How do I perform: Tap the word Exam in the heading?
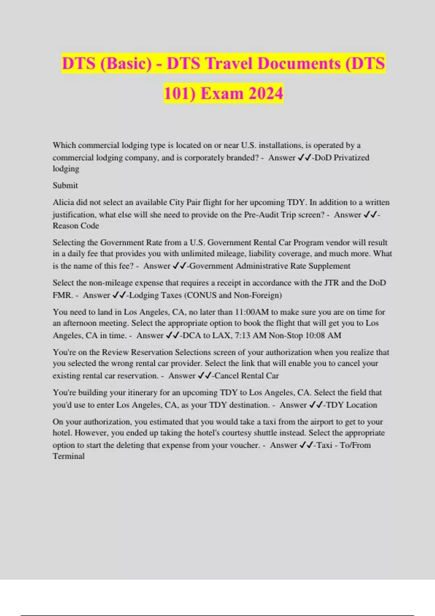221,93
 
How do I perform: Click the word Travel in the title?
229,63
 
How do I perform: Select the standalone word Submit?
65,186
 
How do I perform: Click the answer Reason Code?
76,226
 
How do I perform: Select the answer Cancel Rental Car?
246,376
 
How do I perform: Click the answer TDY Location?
351,405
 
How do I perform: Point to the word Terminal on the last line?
69,456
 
